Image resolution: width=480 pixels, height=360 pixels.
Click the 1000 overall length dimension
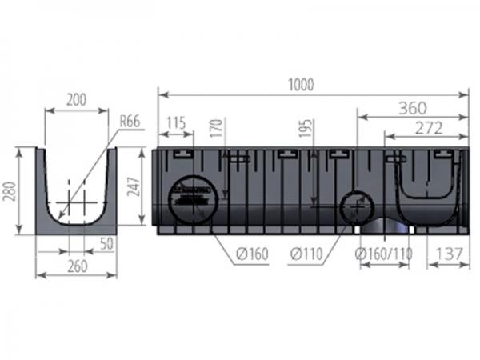302,85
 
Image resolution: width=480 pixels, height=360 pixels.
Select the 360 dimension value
412,108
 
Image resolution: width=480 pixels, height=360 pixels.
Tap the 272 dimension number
429,128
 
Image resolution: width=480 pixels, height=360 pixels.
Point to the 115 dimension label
176,123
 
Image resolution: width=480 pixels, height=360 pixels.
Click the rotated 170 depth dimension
217,128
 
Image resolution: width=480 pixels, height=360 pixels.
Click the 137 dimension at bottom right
449,254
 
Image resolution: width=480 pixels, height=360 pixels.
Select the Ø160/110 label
383,254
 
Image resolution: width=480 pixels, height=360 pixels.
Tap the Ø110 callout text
306,254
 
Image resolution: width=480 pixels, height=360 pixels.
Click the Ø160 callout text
252,254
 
